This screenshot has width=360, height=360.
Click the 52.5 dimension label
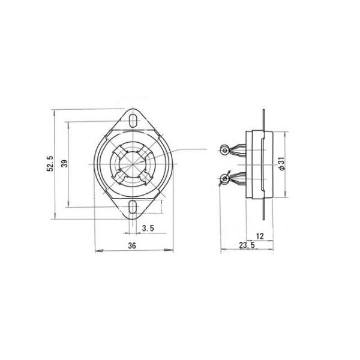point(50,163)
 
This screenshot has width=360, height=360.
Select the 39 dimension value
point(65,163)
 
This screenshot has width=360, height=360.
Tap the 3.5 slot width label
point(148,228)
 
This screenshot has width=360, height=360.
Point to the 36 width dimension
point(132,245)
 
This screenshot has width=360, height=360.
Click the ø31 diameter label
point(282,164)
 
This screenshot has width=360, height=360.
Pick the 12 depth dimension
point(260,236)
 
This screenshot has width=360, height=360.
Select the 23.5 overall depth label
point(247,245)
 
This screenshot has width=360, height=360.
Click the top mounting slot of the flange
point(133,121)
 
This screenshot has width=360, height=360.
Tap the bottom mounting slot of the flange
point(133,206)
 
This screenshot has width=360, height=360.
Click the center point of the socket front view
point(133,164)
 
